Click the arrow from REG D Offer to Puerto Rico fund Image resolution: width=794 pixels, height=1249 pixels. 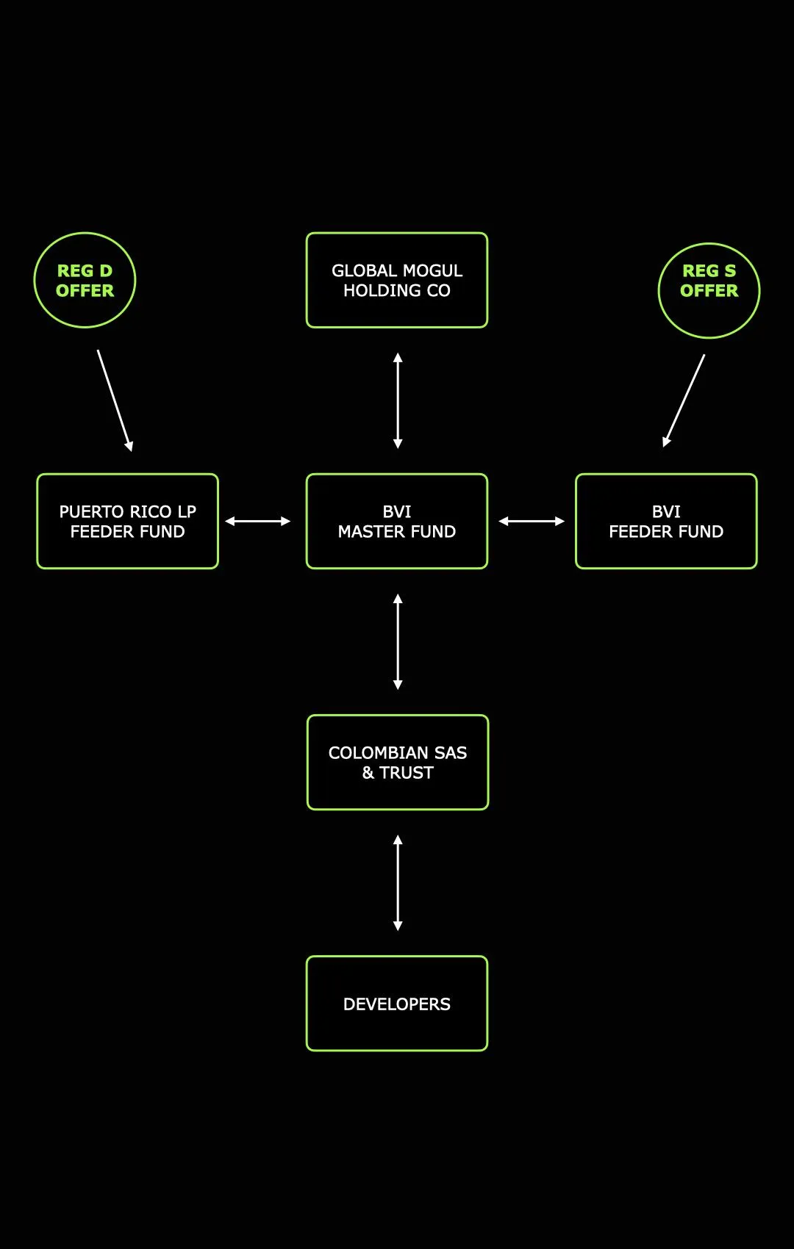click(115, 400)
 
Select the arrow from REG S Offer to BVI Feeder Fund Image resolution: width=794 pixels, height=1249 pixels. click(684, 400)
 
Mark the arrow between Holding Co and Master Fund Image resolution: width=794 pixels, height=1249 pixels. click(398, 400)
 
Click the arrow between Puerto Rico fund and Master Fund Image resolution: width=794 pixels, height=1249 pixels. click(258, 522)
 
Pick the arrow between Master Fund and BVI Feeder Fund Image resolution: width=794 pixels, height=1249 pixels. click(532, 522)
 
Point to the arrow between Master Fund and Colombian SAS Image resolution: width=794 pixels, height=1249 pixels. click(398, 642)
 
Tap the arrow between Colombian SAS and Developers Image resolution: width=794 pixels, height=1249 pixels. click(398, 882)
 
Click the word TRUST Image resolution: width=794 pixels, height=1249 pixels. click(407, 773)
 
